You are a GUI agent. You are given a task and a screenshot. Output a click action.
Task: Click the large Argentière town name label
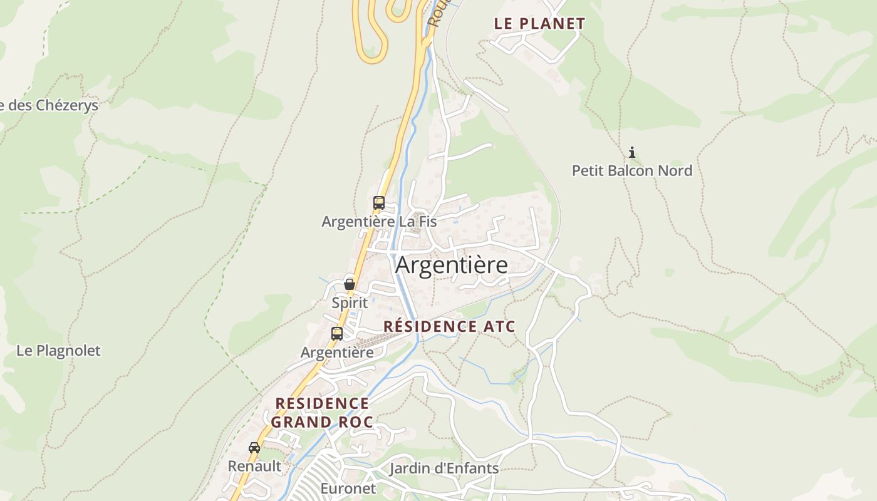tap(452, 266)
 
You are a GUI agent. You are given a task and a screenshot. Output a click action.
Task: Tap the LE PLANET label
tap(539, 24)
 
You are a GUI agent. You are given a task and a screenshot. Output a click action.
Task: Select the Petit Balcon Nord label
tap(632, 170)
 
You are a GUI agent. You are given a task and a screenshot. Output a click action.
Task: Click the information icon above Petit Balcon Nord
tap(632, 152)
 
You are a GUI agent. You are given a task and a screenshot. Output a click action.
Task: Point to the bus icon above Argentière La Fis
tap(379, 203)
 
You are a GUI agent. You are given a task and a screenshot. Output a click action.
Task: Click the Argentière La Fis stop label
tap(379, 221)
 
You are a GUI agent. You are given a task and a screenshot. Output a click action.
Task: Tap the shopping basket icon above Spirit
tap(350, 284)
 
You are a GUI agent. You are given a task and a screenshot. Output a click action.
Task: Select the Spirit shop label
tap(350, 302)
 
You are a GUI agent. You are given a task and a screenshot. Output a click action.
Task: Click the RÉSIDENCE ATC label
tap(449, 326)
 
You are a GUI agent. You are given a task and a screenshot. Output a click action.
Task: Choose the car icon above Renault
tap(254, 448)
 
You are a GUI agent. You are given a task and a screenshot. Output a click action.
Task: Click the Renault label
tap(254, 466)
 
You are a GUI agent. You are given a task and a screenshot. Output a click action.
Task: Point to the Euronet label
tap(348, 488)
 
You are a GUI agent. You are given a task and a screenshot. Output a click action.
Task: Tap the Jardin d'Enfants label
tap(444, 468)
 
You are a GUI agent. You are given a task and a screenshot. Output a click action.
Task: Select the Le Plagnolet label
tap(58, 351)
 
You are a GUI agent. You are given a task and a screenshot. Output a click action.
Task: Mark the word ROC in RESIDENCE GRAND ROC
tap(355, 422)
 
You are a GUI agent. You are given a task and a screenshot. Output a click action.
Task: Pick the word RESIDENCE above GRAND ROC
tap(322, 403)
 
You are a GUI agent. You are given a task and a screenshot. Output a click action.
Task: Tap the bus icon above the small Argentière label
tap(337, 334)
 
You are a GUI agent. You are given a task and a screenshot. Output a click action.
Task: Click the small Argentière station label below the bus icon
tap(337, 352)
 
